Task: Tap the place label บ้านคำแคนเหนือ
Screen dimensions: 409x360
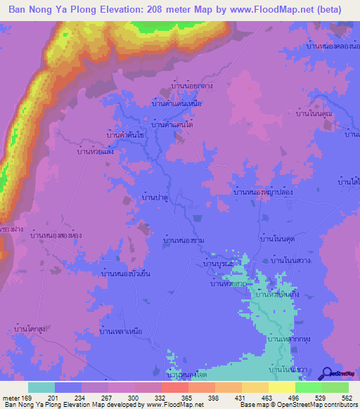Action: click(x=176, y=103)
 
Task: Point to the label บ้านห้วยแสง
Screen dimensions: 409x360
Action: click(x=97, y=151)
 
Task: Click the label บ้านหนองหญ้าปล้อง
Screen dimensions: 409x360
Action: click(x=267, y=191)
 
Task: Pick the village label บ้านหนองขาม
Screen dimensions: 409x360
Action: click(x=184, y=240)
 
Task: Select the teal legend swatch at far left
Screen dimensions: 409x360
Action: click(x=41, y=387)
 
